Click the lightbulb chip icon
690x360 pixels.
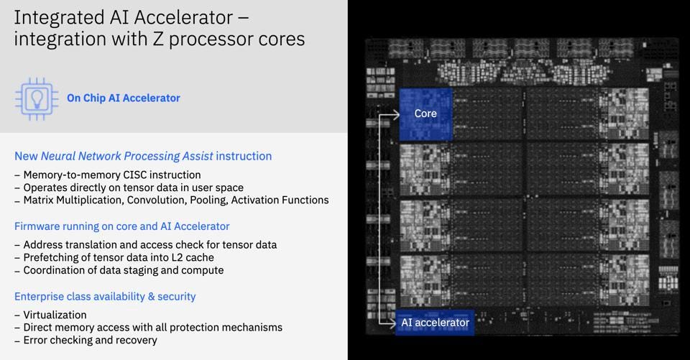[x=37, y=99]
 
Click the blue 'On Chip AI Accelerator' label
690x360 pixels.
[x=123, y=98]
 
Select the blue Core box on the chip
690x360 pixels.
[x=425, y=114]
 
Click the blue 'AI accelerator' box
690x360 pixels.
[x=435, y=323]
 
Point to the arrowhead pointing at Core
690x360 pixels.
[x=395, y=114]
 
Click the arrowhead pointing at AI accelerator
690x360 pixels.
[x=392, y=323]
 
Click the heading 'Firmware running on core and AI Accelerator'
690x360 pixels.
[x=122, y=226]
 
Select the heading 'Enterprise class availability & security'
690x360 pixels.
[x=105, y=297]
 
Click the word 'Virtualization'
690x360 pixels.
[x=55, y=315]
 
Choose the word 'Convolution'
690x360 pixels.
[x=157, y=200]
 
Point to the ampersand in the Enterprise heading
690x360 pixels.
[x=152, y=297]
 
